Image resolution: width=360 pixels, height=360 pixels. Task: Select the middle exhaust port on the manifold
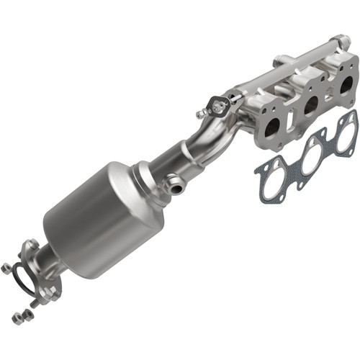point(311,106)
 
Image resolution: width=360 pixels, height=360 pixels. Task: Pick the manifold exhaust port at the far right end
point(346,84)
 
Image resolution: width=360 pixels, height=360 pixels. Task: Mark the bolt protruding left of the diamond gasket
point(201,114)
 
